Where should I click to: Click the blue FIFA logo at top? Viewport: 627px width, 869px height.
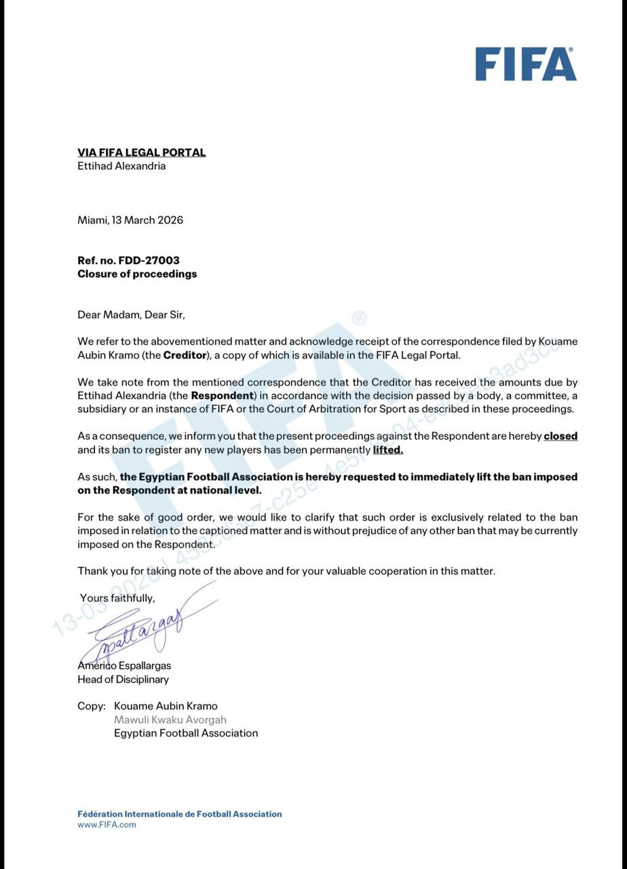tap(525, 64)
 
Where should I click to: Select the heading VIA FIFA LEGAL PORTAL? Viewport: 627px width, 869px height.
tap(141, 153)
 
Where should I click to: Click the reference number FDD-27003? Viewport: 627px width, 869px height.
tap(149, 261)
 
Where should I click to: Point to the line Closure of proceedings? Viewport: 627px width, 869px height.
tap(137, 274)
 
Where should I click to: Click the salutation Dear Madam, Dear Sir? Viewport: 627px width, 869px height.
tap(131, 315)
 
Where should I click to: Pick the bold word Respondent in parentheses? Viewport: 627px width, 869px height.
tap(222, 395)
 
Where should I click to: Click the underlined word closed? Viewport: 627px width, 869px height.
tap(560, 436)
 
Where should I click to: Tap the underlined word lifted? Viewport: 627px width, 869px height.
tap(387, 449)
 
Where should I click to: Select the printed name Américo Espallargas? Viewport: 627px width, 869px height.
tap(124, 666)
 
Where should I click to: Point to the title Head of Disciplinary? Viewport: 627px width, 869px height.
tap(123, 680)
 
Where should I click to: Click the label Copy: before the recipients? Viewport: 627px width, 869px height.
tap(92, 706)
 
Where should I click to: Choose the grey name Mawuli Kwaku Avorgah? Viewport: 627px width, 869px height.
tap(170, 720)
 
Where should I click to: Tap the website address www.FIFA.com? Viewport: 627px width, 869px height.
tap(107, 825)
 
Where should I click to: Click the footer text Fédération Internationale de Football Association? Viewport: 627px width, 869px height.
tap(179, 814)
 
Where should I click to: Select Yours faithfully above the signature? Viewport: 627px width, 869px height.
tap(117, 598)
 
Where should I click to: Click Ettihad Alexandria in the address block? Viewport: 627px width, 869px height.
tap(121, 166)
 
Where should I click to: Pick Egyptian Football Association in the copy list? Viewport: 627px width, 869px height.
tap(186, 733)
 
